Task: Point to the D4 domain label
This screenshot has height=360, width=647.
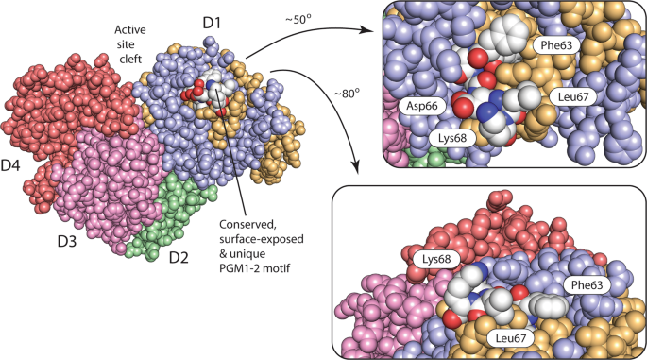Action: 13,166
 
